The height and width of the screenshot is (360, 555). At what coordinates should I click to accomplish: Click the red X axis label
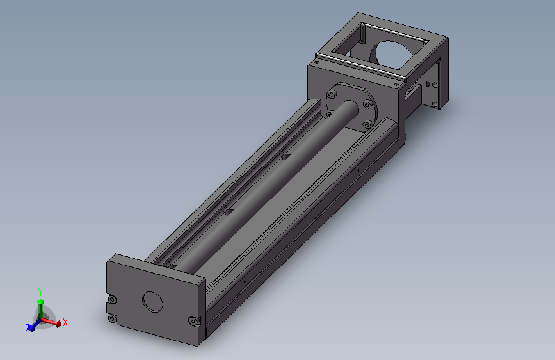click(65, 322)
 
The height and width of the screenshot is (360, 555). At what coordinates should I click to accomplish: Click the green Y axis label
click(40, 291)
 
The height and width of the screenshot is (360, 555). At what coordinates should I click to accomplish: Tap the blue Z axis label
click(28, 329)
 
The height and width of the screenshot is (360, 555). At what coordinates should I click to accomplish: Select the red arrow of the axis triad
click(51, 322)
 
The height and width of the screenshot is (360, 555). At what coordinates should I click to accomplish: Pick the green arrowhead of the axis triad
click(41, 302)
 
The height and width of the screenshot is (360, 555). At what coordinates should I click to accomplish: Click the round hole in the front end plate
click(152, 302)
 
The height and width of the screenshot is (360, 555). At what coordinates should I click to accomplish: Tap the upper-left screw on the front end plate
click(112, 300)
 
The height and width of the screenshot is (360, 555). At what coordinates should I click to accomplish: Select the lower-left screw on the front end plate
click(112, 318)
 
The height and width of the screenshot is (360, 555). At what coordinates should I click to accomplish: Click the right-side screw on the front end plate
click(193, 322)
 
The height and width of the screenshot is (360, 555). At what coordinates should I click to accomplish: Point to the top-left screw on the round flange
click(332, 95)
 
